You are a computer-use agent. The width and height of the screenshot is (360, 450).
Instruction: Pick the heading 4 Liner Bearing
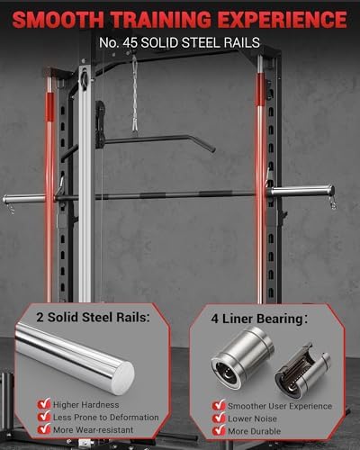click(255, 318)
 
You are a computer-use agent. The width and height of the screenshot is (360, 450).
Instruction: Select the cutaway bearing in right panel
click(302, 368)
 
